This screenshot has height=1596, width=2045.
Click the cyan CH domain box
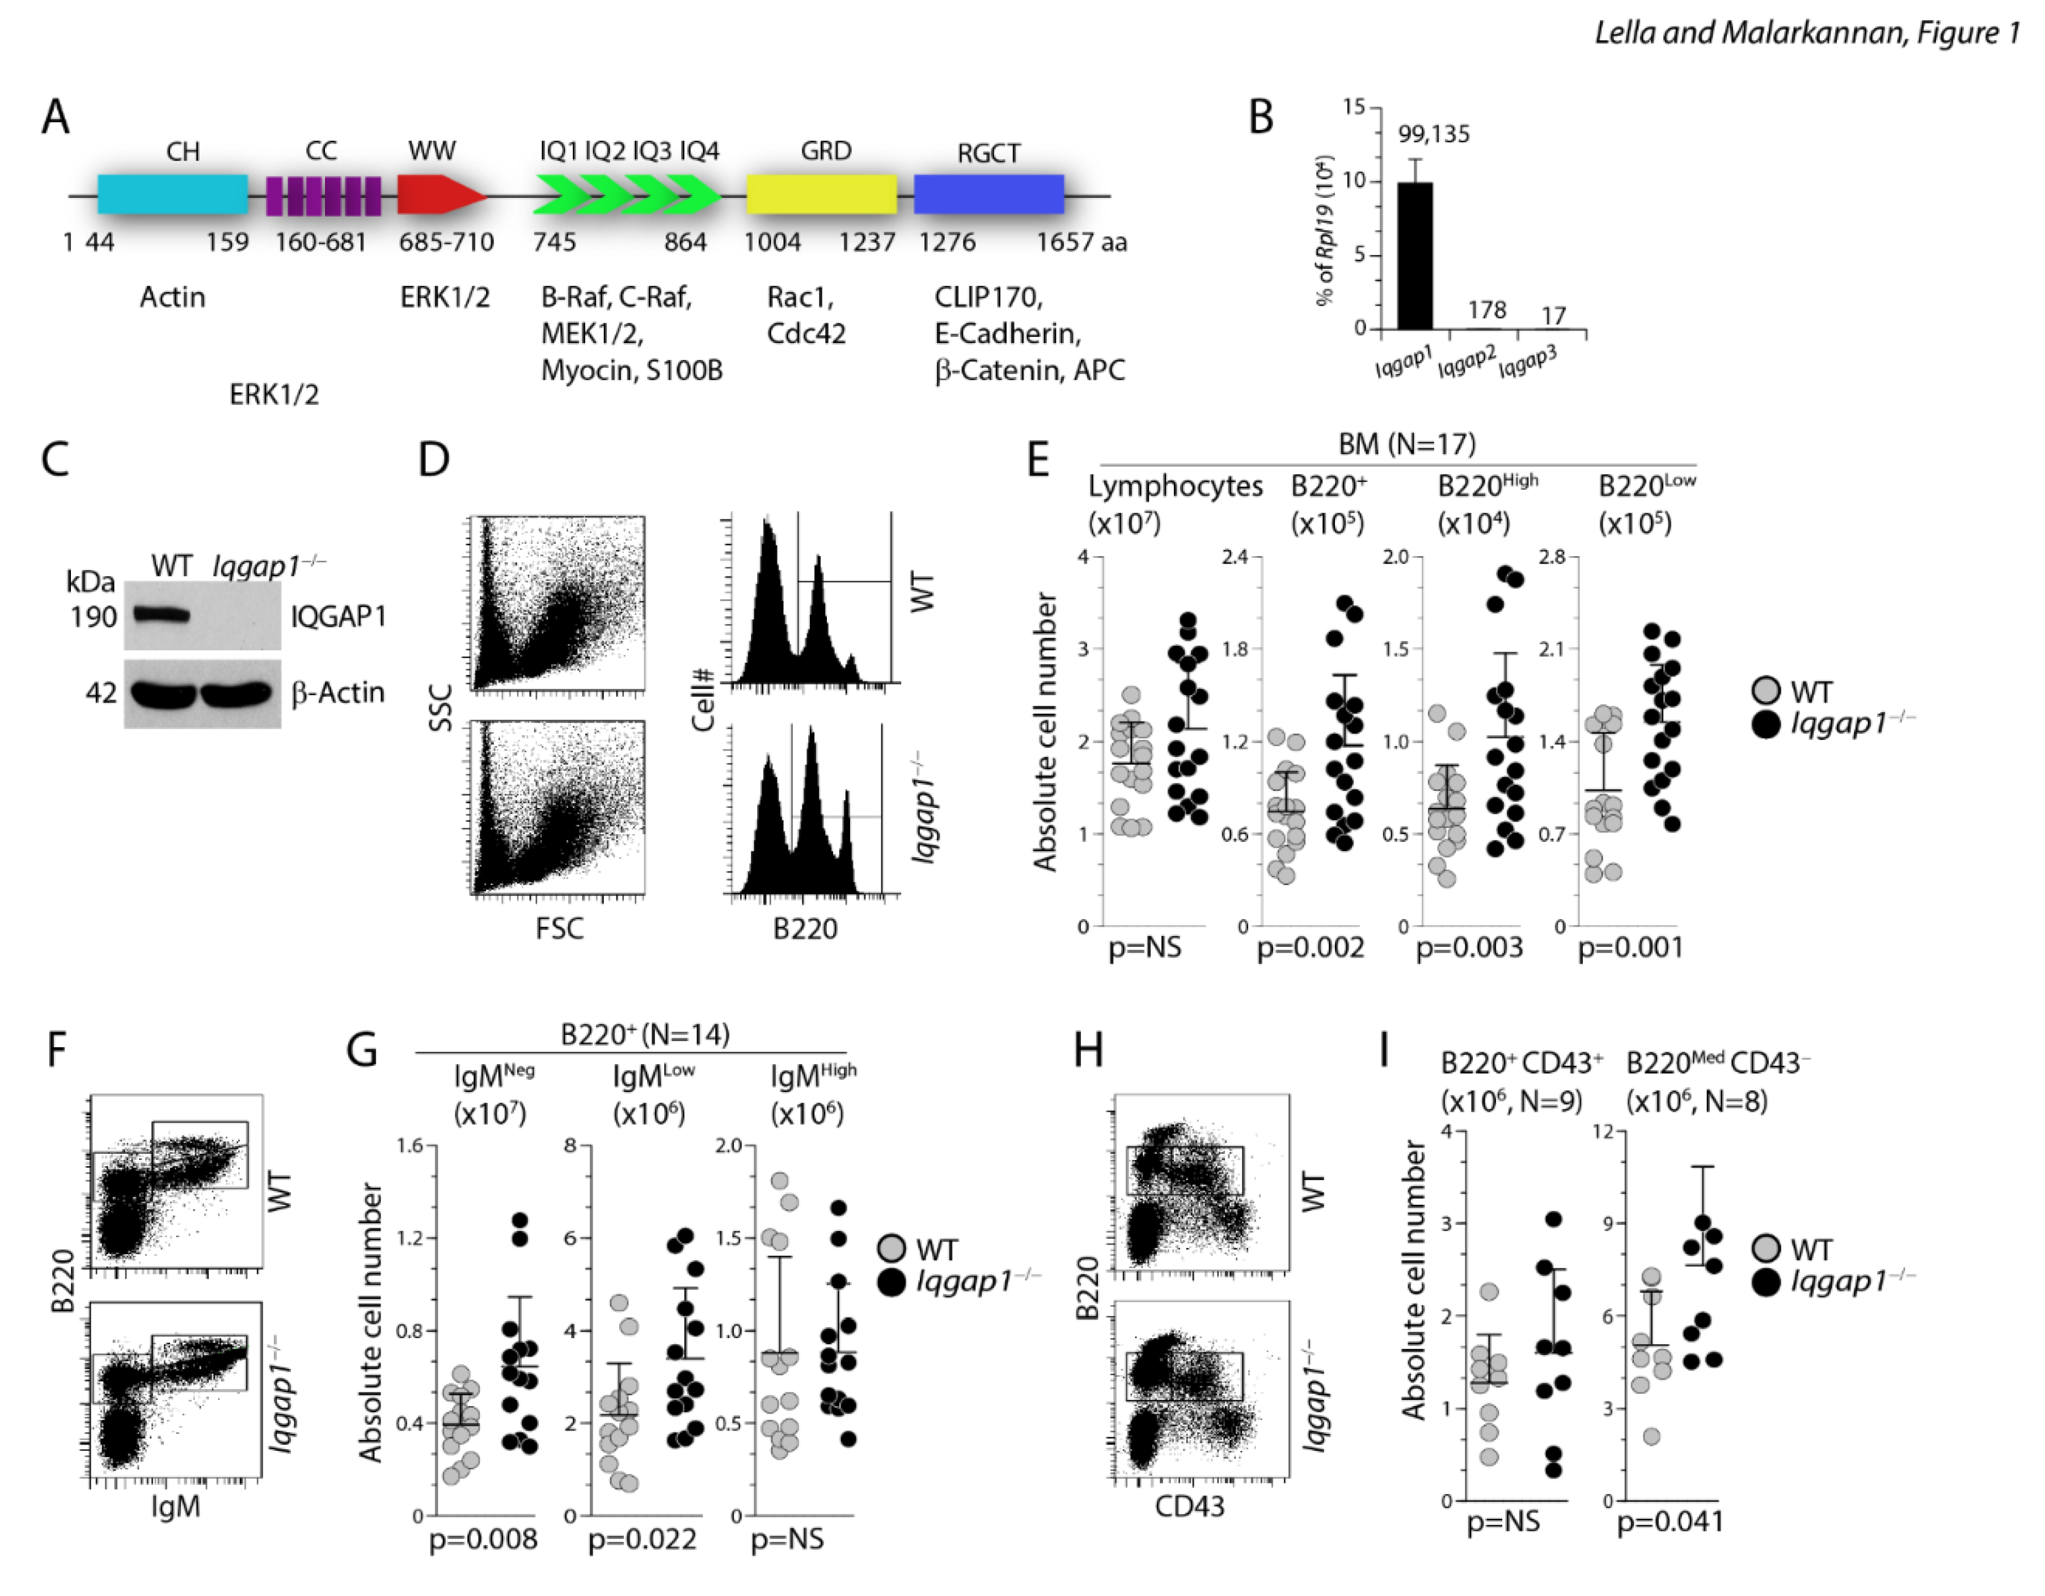pos(172,194)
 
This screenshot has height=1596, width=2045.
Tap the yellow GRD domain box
pos(821,194)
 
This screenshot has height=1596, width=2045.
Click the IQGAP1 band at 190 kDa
pos(161,615)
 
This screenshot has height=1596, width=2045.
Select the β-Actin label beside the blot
pos(337,693)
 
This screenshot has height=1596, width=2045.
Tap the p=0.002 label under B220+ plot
pos(1310,947)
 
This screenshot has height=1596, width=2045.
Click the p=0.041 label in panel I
pos(1670,1521)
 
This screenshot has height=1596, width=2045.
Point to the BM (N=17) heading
pos(1406,444)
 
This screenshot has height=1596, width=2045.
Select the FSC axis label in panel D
pos(559,929)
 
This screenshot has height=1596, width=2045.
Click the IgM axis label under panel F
pos(175,1506)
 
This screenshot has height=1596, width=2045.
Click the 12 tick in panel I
pos(1603,1132)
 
